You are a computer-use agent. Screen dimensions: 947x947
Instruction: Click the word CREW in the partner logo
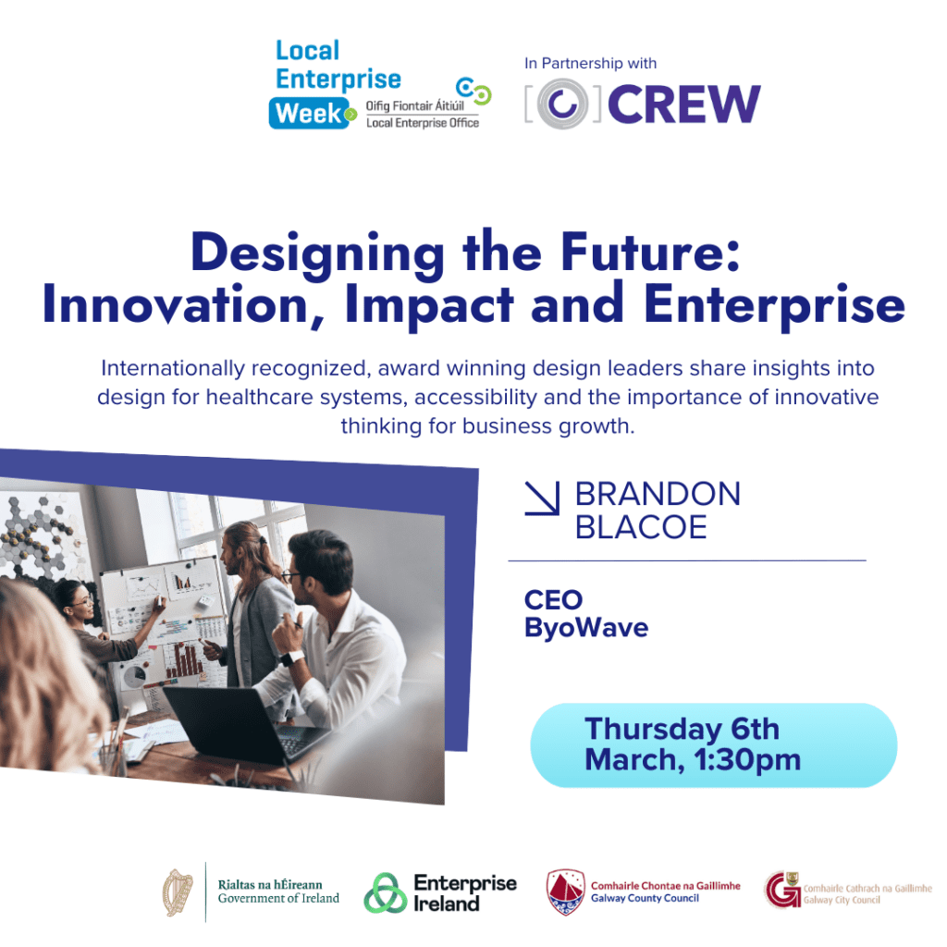pyautogui.click(x=684, y=104)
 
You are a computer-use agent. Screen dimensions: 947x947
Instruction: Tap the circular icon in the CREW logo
pyautogui.click(x=562, y=104)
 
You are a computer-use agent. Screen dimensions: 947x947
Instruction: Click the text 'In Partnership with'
pyautogui.click(x=590, y=64)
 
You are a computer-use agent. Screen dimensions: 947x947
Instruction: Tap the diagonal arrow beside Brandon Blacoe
pyautogui.click(x=542, y=498)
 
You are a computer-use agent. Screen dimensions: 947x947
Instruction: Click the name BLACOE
pyautogui.click(x=641, y=527)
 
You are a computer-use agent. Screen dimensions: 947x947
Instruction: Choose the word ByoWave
pyautogui.click(x=585, y=628)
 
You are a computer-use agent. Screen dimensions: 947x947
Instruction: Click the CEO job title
pyautogui.click(x=553, y=600)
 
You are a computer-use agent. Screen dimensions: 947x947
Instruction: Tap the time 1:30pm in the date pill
pyautogui.click(x=747, y=760)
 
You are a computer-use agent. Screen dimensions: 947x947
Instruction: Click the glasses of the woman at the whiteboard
pyautogui.click(x=83, y=600)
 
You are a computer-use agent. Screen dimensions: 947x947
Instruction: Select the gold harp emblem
pyautogui.click(x=178, y=892)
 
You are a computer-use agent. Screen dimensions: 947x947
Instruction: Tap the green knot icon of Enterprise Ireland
pyautogui.click(x=386, y=892)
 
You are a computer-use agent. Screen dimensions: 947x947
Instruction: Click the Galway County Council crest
pyautogui.click(x=565, y=892)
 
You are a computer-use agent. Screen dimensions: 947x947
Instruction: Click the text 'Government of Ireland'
pyautogui.click(x=278, y=899)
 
